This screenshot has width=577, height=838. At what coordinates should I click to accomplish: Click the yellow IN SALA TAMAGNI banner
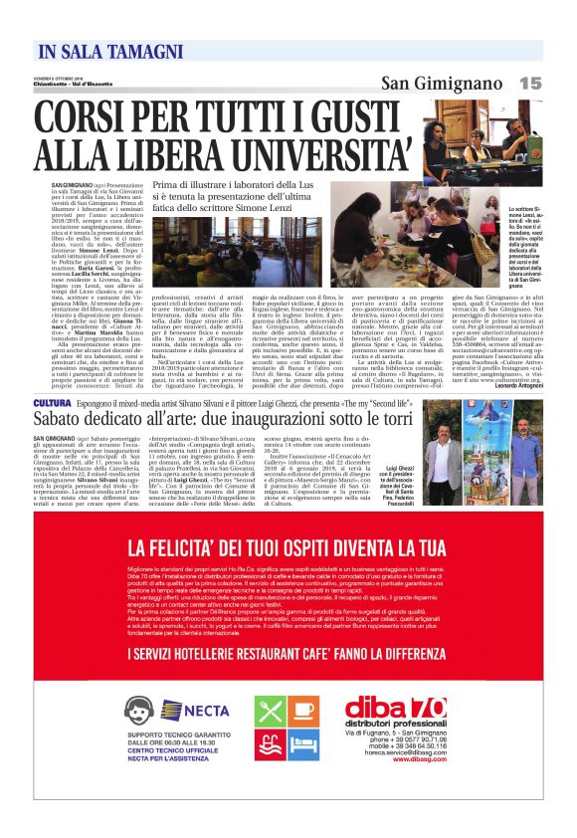point(103,51)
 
